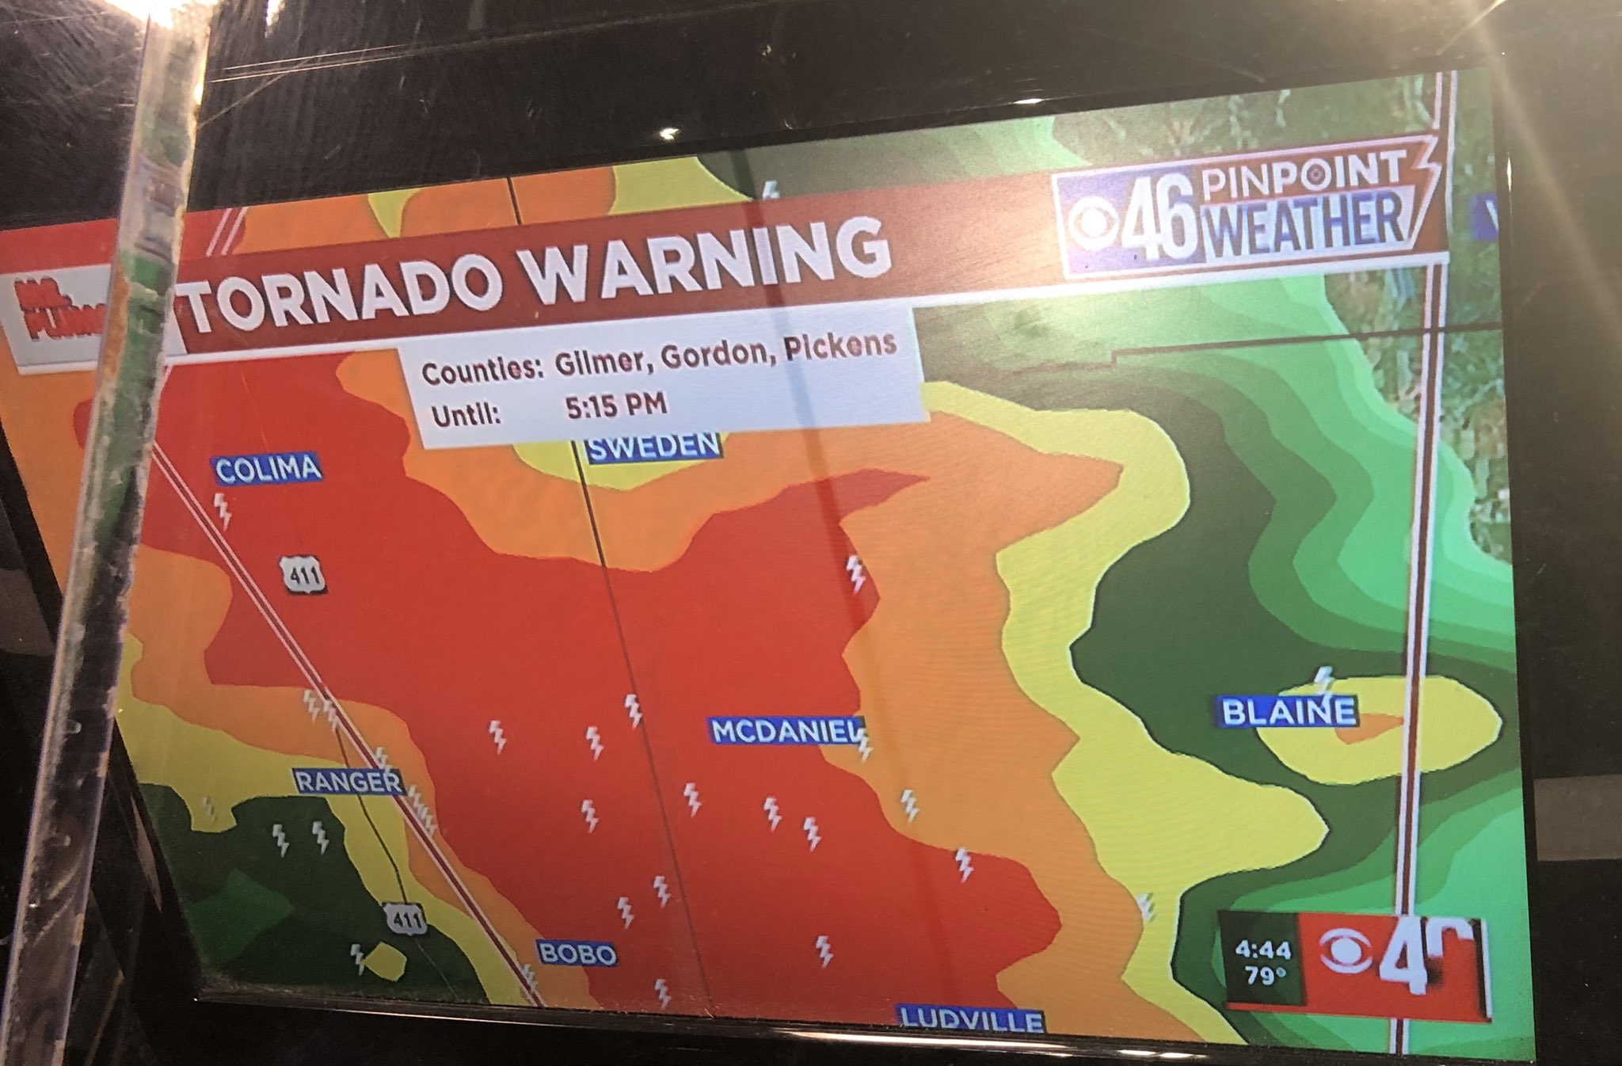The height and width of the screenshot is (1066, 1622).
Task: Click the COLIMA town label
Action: (268, 469)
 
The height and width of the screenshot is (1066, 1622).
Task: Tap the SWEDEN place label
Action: (653, 448)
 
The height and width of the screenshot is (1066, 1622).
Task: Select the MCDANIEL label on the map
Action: (784, 730)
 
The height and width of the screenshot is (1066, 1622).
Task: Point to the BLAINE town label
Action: (1288, 711)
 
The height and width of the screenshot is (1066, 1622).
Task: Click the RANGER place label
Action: (348, 782)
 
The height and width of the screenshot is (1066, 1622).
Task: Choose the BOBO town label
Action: (577, 953)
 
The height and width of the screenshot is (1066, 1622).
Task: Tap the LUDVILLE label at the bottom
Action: (970, 1019)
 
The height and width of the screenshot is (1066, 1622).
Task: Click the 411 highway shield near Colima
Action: (303, 576)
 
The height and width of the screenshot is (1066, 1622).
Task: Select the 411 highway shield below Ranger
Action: (405, 919)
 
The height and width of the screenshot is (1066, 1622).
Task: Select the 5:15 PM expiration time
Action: (616, 406)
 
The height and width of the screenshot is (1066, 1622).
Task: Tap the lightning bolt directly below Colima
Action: (224, 511)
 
